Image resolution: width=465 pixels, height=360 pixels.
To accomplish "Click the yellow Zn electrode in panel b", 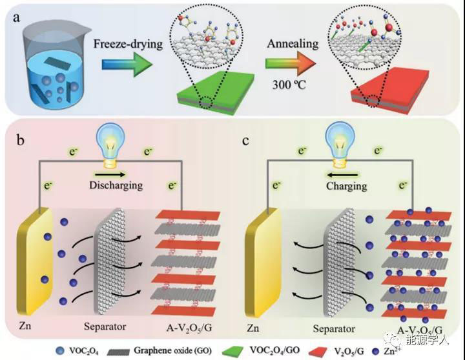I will [39, 258].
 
